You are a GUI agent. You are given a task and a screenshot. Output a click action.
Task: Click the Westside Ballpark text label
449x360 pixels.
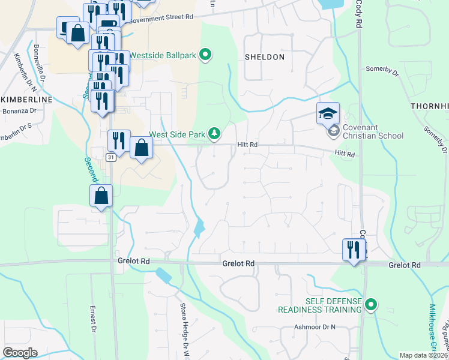(163, 56)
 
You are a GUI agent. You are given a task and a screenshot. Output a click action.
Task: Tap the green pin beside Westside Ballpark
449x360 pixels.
(205, 56)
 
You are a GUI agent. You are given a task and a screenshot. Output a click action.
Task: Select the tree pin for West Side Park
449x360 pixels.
(214, 134)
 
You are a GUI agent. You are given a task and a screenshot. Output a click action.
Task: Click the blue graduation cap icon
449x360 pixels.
(328, 113)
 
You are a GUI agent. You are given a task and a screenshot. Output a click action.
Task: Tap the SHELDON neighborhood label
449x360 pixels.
(265, 57)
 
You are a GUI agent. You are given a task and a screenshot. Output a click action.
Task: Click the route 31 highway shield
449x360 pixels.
(111, 157)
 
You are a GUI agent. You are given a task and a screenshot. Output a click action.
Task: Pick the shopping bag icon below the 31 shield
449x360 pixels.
(101, 196)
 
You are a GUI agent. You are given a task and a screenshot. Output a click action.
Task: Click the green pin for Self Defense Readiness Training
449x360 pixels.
(371, 305)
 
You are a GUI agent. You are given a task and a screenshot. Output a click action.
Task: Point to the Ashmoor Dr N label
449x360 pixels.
(314, 327)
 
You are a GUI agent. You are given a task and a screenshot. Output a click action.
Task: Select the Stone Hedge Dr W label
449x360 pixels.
(184, 325)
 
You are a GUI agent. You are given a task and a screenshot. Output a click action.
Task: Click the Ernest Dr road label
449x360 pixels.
(94, 318)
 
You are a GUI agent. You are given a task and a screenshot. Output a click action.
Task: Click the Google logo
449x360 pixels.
(20, 353)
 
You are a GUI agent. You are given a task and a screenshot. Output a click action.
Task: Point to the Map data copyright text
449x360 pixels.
(424, 355)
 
